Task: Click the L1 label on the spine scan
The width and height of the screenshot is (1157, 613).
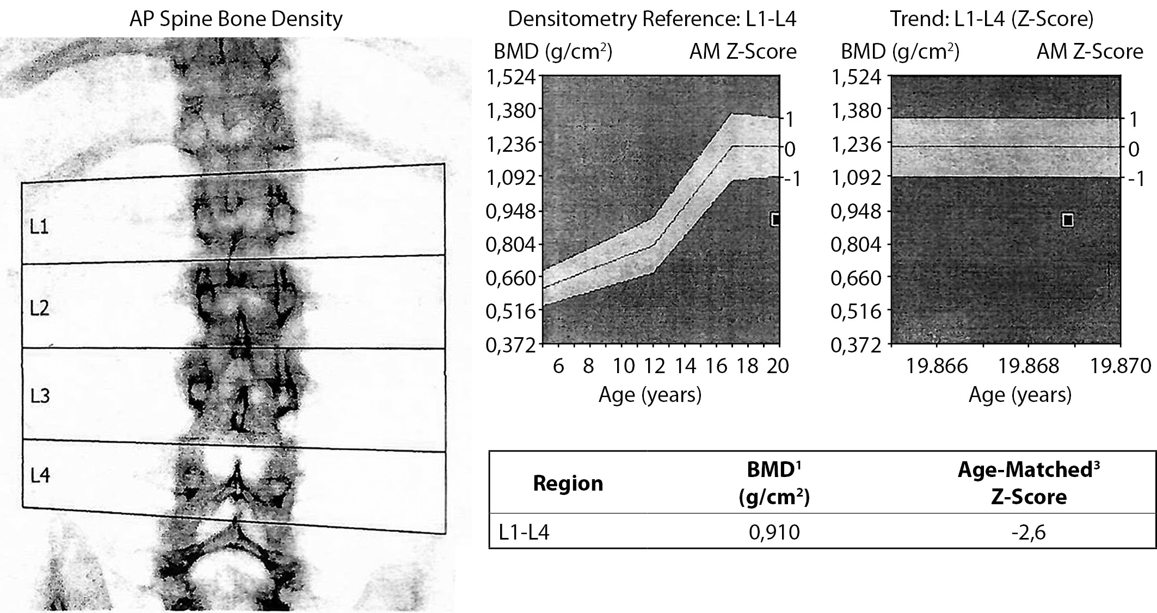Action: (39, 226)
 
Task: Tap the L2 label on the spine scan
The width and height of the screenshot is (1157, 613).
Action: (40, 308)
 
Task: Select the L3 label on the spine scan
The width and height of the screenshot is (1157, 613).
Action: (40, 395)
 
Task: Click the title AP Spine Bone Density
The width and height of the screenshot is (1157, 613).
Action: (236, 19)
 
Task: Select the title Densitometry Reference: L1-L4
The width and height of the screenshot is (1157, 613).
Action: (651, 19)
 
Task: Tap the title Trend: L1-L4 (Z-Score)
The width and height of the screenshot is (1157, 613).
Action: (992, 19)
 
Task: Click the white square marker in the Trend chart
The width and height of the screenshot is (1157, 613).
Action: (1068, 220)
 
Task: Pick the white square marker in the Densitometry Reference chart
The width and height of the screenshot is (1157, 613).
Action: (776, 219)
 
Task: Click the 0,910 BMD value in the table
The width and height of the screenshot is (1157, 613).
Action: (774, 532)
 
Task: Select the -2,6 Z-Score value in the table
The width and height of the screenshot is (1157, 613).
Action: (1028, 532)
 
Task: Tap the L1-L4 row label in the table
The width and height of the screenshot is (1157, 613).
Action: (524, 532)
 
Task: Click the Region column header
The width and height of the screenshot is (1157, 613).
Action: (568, 483)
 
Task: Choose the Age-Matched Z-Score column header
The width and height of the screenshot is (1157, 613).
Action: (1028, 483)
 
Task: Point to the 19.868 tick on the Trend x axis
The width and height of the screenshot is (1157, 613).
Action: (1028, 366)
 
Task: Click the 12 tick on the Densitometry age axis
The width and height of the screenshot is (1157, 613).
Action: (655, 366)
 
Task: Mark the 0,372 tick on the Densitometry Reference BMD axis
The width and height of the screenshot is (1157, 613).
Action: (510, 345)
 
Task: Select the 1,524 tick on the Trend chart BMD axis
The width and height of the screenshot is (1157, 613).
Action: (856, 77)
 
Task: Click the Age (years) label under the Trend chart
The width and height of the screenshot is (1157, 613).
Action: (1019, 394)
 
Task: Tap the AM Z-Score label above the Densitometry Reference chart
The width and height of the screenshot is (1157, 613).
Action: (742, 52)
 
